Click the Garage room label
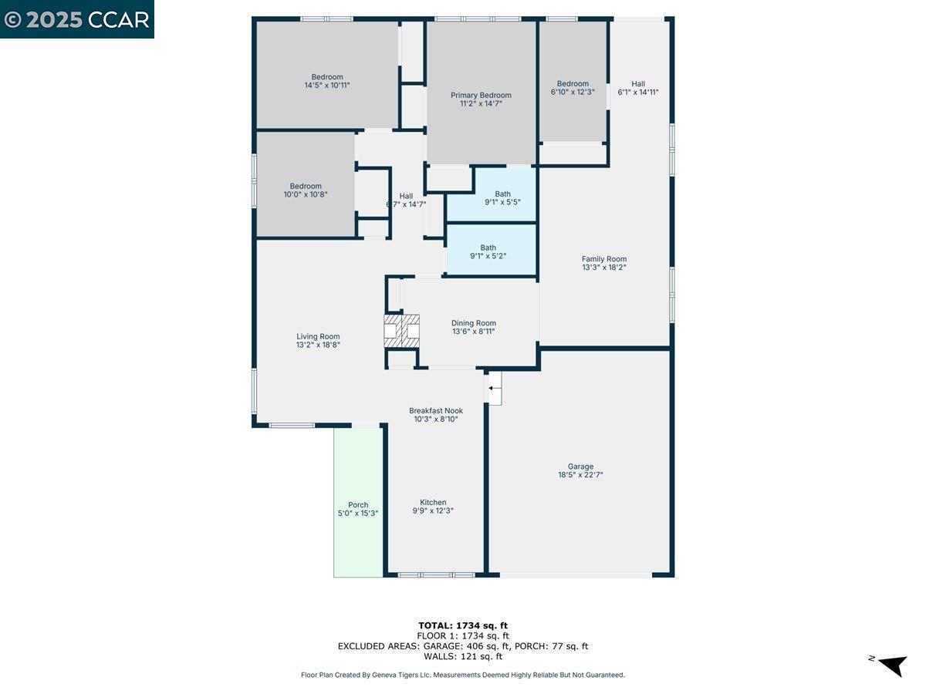tap(580, 467)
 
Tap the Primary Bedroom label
tap(481, 96)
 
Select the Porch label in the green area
tap(358, 505)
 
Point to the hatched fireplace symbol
tap(402, 330)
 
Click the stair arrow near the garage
tap(493, 389)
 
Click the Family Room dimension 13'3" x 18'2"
tap(603, 268)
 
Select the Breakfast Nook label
tap(436, 411)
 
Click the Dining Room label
tap(474, 323)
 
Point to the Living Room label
tap(318, 336)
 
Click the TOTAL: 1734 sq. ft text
tap(463, 625)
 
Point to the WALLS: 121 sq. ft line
tap(463, 657)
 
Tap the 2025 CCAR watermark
tap(77, 19)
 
